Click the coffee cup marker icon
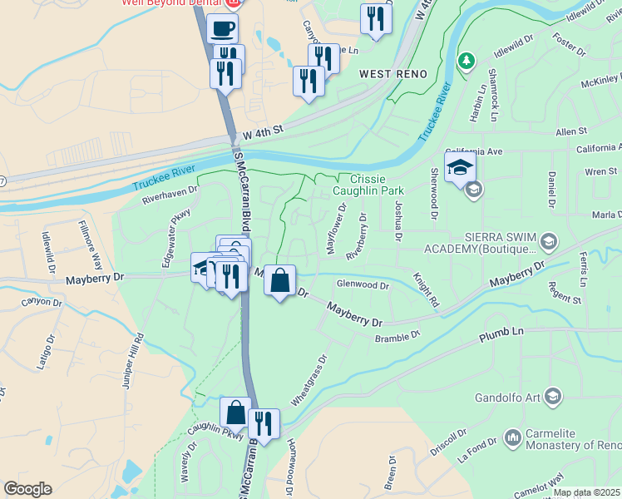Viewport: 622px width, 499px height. [x=221, y=30]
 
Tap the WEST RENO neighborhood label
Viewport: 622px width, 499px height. [x=393, y=74]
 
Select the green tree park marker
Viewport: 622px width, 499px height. [x=467, y=61]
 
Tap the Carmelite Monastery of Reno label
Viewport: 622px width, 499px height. [x=573, y=441]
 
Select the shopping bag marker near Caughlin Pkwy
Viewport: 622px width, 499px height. [x=236, y=413]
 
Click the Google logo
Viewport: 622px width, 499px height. [x=27, y=489]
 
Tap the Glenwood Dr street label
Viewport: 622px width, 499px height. [x=363, y=284]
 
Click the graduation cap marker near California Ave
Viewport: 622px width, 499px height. [x=460, y=167]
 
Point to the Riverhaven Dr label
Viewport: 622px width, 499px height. [x=170, y=195]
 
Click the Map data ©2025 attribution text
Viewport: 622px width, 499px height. [x=586, y=492]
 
